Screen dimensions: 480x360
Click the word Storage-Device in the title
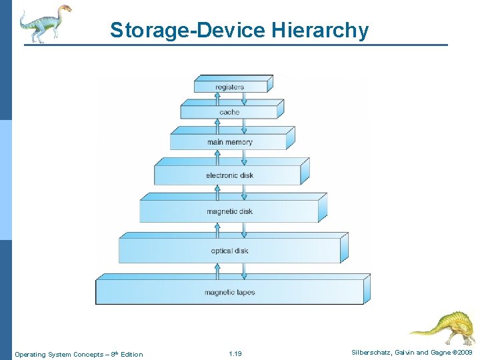click(188, 31)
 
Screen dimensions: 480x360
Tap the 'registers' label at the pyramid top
click(229, 87)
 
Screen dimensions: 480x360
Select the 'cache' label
click(229, 112)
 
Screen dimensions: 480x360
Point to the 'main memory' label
click(229, 142)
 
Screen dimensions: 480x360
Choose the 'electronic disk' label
click(229, 175)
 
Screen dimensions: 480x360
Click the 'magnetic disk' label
click(229, 211)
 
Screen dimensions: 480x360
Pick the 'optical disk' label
click(229, 251)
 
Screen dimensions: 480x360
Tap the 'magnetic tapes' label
click(229, 292)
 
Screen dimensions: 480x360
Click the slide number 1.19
click(235, 354)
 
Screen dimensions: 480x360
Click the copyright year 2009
click(465, 352)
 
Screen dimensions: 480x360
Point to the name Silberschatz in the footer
click(373, 352)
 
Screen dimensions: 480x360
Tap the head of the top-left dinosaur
click(64, 9)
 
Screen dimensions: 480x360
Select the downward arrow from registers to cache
click(244, 99)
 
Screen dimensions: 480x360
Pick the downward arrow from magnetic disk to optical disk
click(244, 230)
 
